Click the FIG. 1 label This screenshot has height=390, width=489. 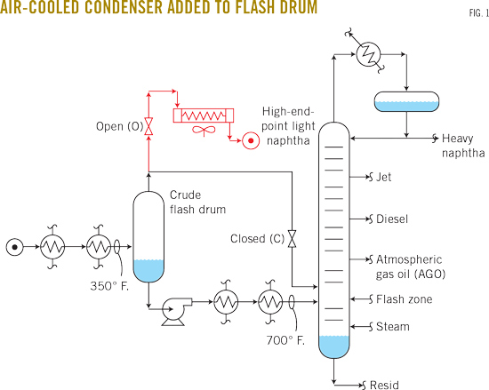point(469,14)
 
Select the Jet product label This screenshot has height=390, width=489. point(384,177)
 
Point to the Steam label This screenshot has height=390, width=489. point(392,326)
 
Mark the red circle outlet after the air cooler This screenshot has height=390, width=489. point(252,140)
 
